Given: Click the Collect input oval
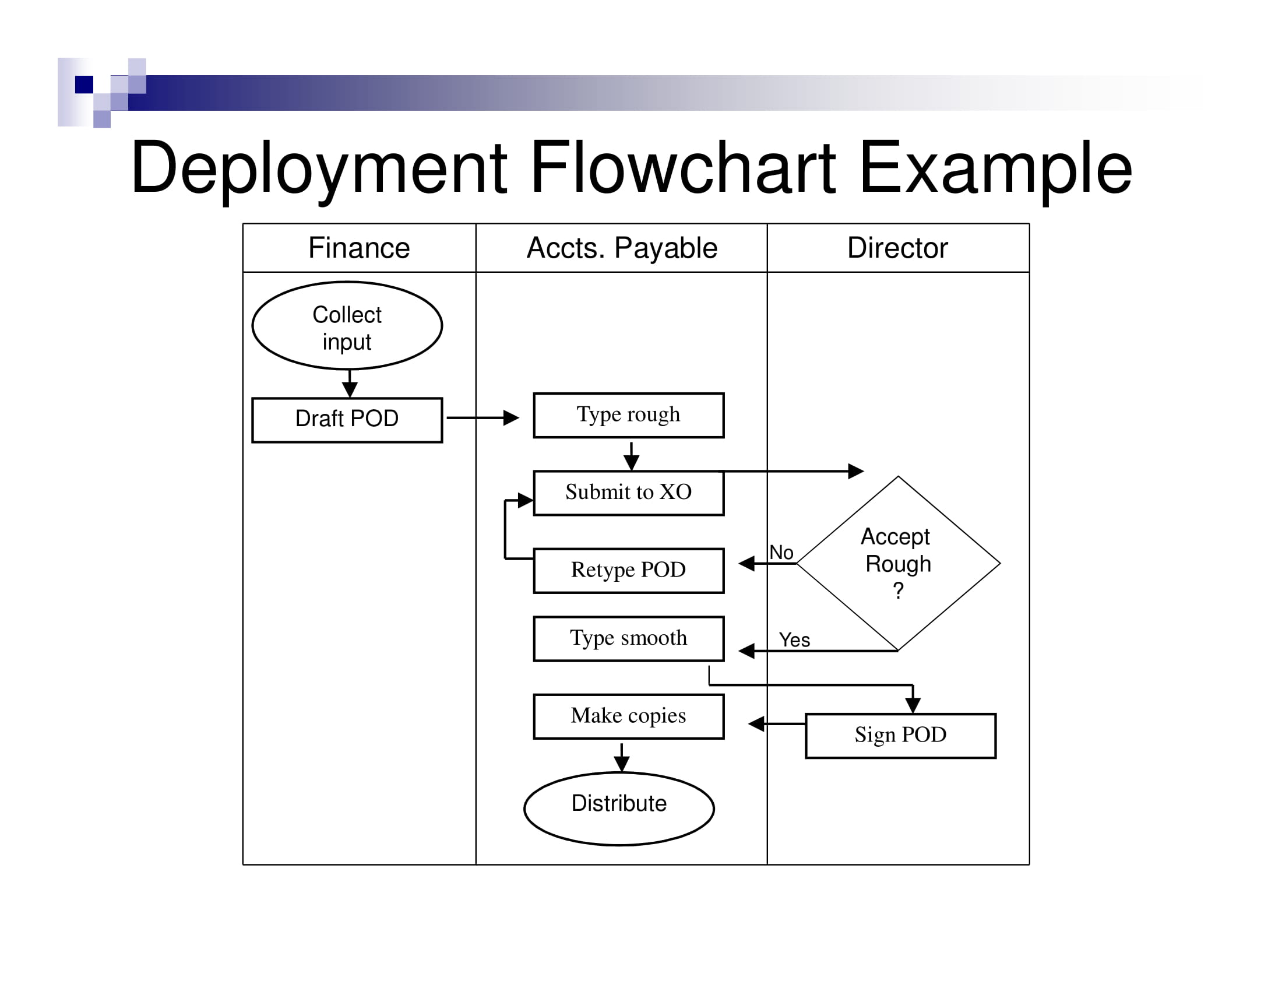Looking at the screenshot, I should [x=347, y=326].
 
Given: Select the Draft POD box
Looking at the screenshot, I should [x=347, y=420].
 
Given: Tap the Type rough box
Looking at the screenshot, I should [x=629, y=415].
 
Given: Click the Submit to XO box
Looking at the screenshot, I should [x=629, y=493].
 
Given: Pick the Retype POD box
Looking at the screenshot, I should [x=629, y=571].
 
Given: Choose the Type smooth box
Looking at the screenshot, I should [x=629, y=639].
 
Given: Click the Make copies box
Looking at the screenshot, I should [x=629, y=716].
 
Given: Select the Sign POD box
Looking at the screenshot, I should [x=900, y=736].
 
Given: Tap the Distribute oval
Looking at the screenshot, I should [x=619, y=809].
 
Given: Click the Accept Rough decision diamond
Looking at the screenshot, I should [x=898, y=564].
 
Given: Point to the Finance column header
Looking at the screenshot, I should [x=358, y=248].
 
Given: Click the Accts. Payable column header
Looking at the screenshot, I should [x=622, y=248].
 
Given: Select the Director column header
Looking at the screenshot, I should [x=897, y=248].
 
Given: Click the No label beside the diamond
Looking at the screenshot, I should [x=781, y=553].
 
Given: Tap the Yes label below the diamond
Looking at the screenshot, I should [x=794, y=640].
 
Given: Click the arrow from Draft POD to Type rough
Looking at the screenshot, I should [x=482, y=418].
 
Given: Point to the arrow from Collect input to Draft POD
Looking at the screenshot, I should [x=350, y=384].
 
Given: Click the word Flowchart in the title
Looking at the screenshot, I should [x=683, y=168].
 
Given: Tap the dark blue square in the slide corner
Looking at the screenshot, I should [x=84, y=84].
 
